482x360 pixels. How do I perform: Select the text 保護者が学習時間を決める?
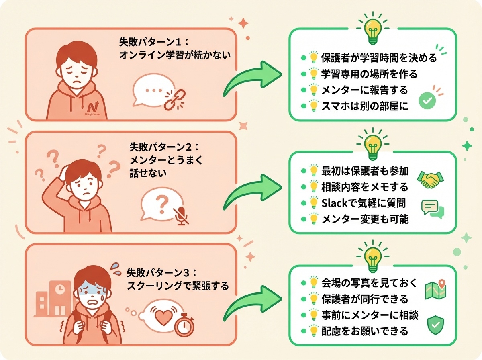(x=379, y=58)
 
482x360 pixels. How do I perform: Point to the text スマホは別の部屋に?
(x=365, y=106)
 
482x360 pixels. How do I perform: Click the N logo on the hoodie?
(x=93, y=106)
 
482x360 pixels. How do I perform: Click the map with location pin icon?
(x=436, y=289)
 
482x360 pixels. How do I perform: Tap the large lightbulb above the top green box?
(x=373, y=28)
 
